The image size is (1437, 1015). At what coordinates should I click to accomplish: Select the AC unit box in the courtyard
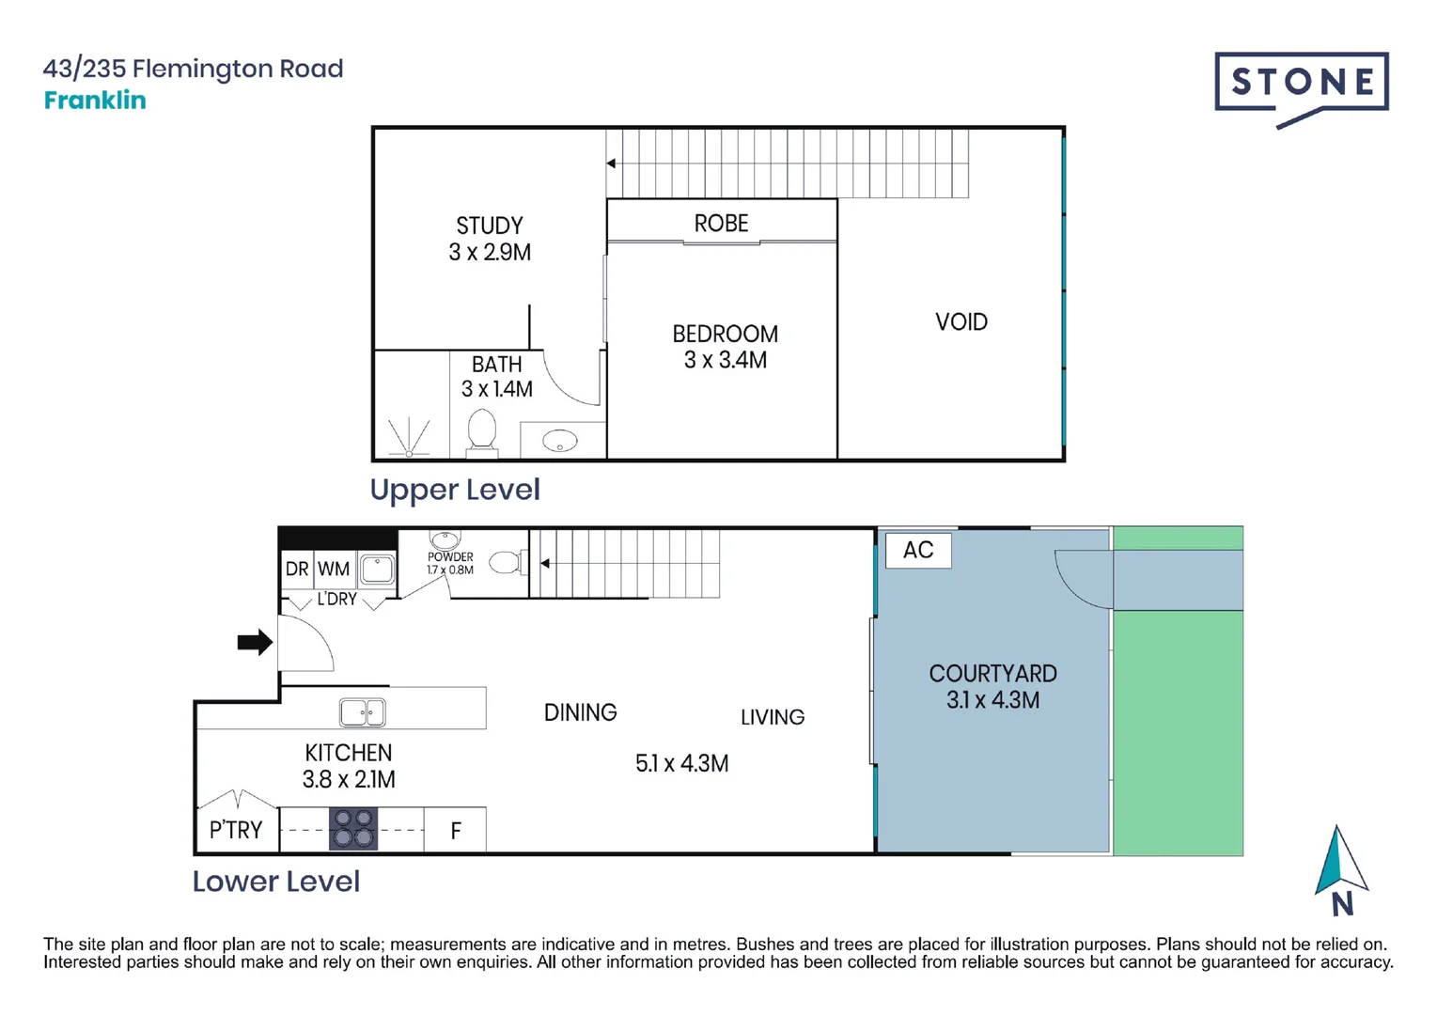pos(918,550)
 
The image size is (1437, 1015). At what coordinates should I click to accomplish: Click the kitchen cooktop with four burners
pos(352,829)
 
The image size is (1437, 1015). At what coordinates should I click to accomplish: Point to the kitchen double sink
pos(362,712)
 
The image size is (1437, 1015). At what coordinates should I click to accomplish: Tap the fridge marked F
pos(456,830)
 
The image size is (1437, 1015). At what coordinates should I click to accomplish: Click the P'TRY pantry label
pos(236,830)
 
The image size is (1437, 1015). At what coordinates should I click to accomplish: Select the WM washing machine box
pos(334,569)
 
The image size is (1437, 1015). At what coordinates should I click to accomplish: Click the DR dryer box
pos(297,569)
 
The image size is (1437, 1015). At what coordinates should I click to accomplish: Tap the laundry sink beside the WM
pos(378,569)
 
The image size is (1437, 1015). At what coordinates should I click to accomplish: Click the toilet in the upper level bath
pos(482,431)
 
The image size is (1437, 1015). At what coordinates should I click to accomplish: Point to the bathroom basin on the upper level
pos(560,440)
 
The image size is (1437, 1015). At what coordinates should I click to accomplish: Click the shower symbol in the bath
pos(410,438)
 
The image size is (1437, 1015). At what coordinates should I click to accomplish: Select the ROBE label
pos(721,224)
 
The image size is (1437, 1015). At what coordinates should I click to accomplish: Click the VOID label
pos(961,322)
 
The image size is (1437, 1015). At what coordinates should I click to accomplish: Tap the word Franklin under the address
pos(95,101)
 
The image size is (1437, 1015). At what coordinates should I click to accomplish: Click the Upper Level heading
pos(455,490)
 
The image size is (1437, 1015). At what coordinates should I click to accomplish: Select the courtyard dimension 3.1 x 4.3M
pos(992,700)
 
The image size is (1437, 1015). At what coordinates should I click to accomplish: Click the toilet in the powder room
pos(507,563)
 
